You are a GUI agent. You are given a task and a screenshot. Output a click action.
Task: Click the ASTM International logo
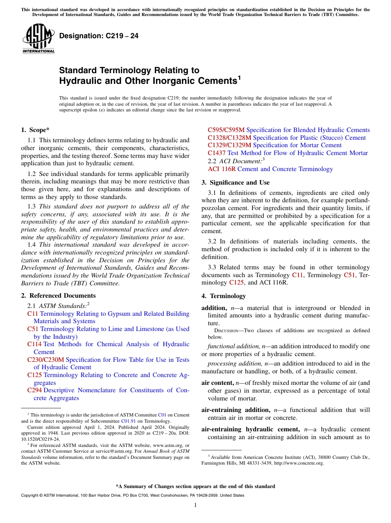point(38,39)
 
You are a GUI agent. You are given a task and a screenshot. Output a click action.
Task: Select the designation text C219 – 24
point(99,36)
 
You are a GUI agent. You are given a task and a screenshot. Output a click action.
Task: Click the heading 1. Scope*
point(35,130)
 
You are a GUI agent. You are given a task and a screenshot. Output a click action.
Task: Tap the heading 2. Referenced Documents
point(58,296)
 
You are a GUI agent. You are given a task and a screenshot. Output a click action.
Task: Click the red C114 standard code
point(34,345)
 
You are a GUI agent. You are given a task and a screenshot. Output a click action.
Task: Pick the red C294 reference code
point(34,391)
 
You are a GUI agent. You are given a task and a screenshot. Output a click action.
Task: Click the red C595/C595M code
point(226,130)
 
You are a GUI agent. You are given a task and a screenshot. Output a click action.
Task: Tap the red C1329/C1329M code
point(229,146)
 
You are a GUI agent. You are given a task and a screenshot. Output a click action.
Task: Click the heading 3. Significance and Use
point(236,183)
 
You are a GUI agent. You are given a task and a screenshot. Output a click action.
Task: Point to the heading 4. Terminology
point(223,296)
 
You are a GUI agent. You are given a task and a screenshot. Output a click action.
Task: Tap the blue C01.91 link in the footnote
point(126,421)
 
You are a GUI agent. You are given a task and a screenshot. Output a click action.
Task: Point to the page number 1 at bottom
point(195,505)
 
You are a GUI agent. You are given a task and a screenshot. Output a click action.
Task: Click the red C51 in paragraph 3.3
point(349,275)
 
